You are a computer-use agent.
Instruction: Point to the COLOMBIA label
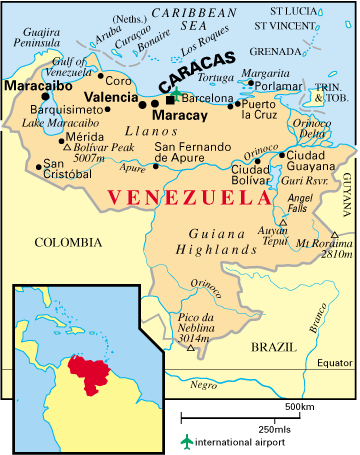(67, 242)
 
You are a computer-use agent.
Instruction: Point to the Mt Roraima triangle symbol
(337, 236)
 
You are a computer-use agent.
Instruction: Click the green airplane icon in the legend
(185, 441)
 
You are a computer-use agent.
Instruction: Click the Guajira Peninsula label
(35, 37)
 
